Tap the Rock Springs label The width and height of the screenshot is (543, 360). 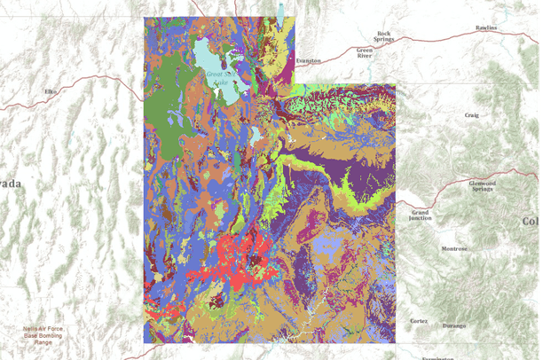point(383,36)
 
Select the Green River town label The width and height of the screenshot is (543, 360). point(365,52)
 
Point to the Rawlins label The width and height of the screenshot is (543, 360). point(486,28)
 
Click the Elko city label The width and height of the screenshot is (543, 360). point(49,91)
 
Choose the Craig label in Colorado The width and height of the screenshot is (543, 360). point(471,114)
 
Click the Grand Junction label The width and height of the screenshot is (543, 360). point(421,215)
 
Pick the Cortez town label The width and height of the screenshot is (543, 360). point(418,320)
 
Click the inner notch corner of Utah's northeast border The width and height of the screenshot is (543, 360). point(301,85)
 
